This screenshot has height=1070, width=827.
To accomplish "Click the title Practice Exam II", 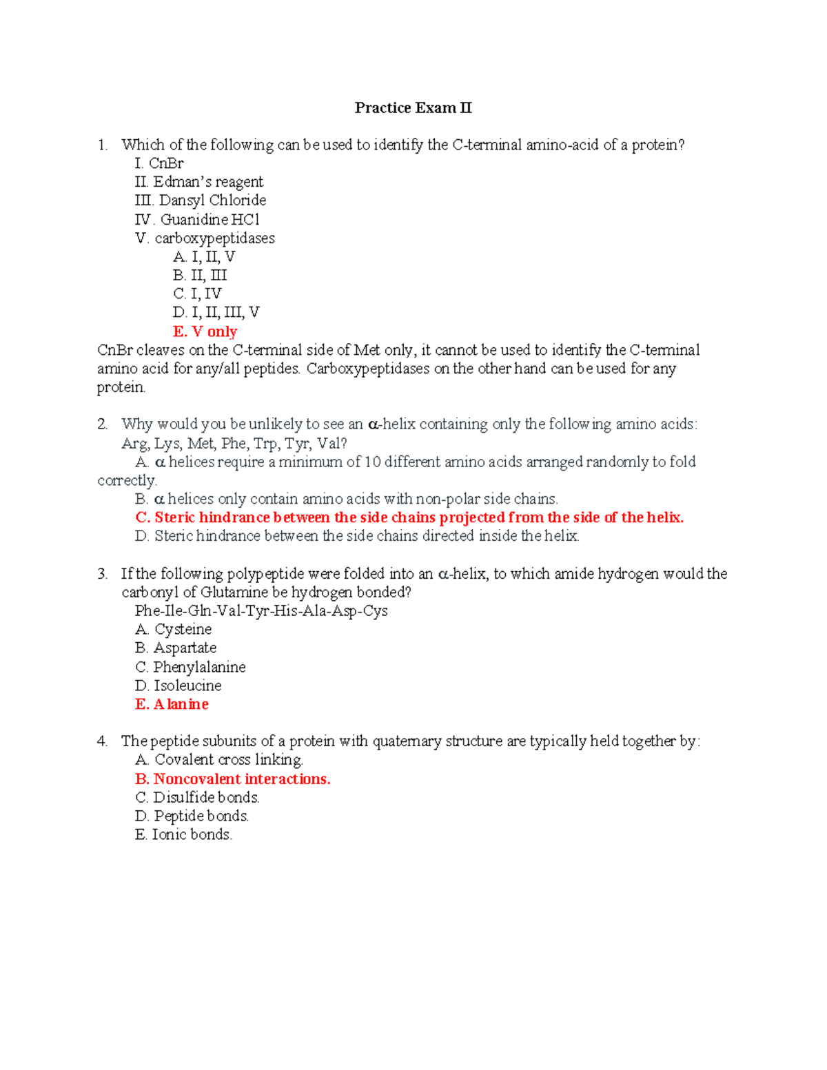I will pyautogui.click(x=413, y=107).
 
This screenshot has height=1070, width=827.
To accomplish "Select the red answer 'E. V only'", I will pyautogui.click(x=205, y=331).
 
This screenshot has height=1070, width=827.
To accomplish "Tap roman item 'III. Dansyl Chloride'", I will pyautogui.click(x=201, y=200).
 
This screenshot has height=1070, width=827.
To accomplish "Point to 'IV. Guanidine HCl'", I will pyautogui.click(x=197, y=219).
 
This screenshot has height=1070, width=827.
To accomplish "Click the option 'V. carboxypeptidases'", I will pyautogui.click(x=205, y=238).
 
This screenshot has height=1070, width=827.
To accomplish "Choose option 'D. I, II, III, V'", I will pyautogui.click(x=216, y=313).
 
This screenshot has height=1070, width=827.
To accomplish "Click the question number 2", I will pyautogui.click(x=102, y=424).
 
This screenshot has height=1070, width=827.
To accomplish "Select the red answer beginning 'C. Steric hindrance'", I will pyautogui.click(x=409, y=517).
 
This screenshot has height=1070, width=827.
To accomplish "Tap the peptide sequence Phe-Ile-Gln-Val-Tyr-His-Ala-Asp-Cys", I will pyautogui.click(x=261, y=611).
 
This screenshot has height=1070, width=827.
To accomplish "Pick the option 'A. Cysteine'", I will pyautogui.click(x=174, y=630).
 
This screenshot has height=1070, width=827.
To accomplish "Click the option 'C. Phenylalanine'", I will pyautogui.click(x=190, y=667).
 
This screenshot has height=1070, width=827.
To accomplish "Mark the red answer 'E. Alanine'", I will pyautogui.click(x=172, y=704).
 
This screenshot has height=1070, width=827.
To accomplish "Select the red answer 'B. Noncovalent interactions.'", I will pyautogui.click(x=233, y=779).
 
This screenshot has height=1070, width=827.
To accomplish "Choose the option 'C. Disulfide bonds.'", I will pyautogui.click(x=197, y=798).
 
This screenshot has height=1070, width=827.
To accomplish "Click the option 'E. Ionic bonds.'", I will pyautogui.click(x=183, y=835).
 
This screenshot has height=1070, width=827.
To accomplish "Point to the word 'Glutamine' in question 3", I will pyautogui.click(x=234, y=593).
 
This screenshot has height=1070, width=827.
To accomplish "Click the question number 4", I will pyautogui.click(x=102, y=741).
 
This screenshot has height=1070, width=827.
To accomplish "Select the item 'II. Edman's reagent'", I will pyautogui.click(x=198, y=182).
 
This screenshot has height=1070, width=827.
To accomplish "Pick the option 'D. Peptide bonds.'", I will pyautogui.click(x=192, y=816).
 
